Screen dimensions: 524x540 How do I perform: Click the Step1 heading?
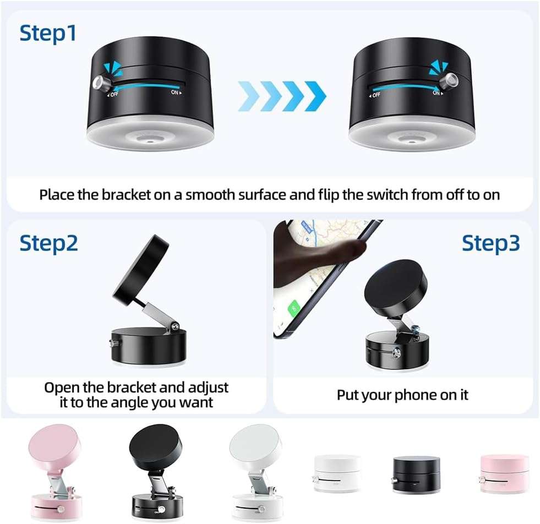click(48, 33)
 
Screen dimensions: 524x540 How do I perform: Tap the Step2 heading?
click(49, 243)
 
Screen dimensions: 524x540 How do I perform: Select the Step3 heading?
click(490, 243)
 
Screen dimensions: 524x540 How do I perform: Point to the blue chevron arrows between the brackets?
click(281, 95)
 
